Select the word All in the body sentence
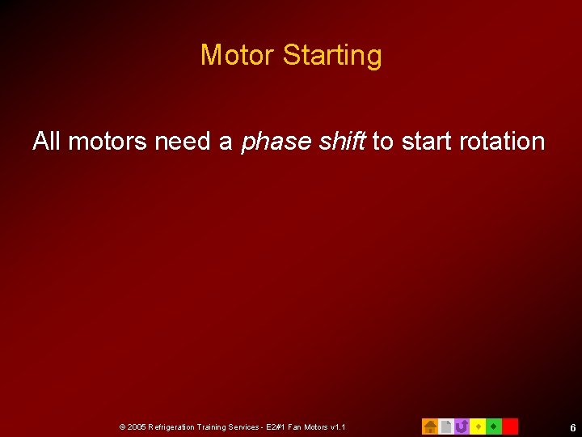[x=47, y=142]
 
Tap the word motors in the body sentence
[x=108, y=142]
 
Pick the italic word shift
[x=342, y=142]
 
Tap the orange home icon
[x=430, y=426]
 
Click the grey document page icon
[x=445, y=426]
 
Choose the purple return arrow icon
[x=462, y=426]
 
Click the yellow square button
[x=478, y=426]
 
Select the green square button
[x=494, y=426]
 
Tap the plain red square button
[x=510, y=426]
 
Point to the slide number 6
[x=572, y=427]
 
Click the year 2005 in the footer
[x=136, y=426]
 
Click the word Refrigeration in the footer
[x=172, y=426]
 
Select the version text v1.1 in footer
[x=338, y=426]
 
